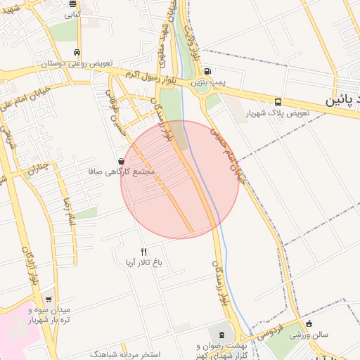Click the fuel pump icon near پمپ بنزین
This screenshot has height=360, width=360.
[x=207, y=72]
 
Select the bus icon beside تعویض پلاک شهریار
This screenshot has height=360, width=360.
[x=279, y=101]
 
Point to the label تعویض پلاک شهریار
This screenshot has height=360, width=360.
[x=278, y=113]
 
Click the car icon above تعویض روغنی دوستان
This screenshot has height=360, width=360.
[x=76, y=53]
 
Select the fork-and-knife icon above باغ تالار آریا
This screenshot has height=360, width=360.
[x=144, y=252]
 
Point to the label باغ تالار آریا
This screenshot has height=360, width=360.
[x=144, y=263]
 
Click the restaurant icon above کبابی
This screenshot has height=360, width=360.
[x=72, y=4]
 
